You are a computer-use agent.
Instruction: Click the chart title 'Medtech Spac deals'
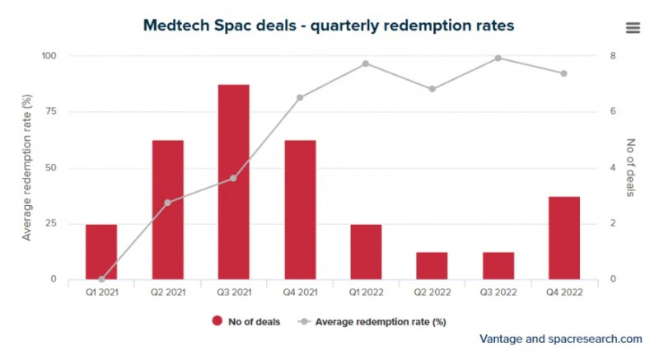click(x=329, y=26)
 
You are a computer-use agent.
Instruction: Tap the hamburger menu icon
click(x=633, y=27)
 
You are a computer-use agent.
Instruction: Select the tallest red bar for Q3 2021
click(x=234, y=181)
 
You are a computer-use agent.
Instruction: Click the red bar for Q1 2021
click(x=101, y=251)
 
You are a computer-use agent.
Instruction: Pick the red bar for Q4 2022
click(x=563, y=237)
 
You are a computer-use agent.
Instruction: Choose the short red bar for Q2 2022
click(x=432, y=265)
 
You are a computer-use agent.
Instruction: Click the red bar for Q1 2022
click(x=366, y=251)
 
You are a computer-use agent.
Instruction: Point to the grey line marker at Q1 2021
click(x=101, y=279)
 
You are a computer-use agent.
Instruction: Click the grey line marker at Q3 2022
click(x=498, y=58)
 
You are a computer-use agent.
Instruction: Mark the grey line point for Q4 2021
click(x=300, y=97)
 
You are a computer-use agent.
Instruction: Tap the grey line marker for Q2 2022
click(x=432, y=89)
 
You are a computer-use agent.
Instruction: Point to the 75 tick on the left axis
click(x=50, y=112)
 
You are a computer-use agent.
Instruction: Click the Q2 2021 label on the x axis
click(x=168, y=292)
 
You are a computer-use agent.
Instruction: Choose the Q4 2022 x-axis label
click(x=563, y=292)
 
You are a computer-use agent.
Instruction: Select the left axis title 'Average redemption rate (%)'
click(x=26, y=167)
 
